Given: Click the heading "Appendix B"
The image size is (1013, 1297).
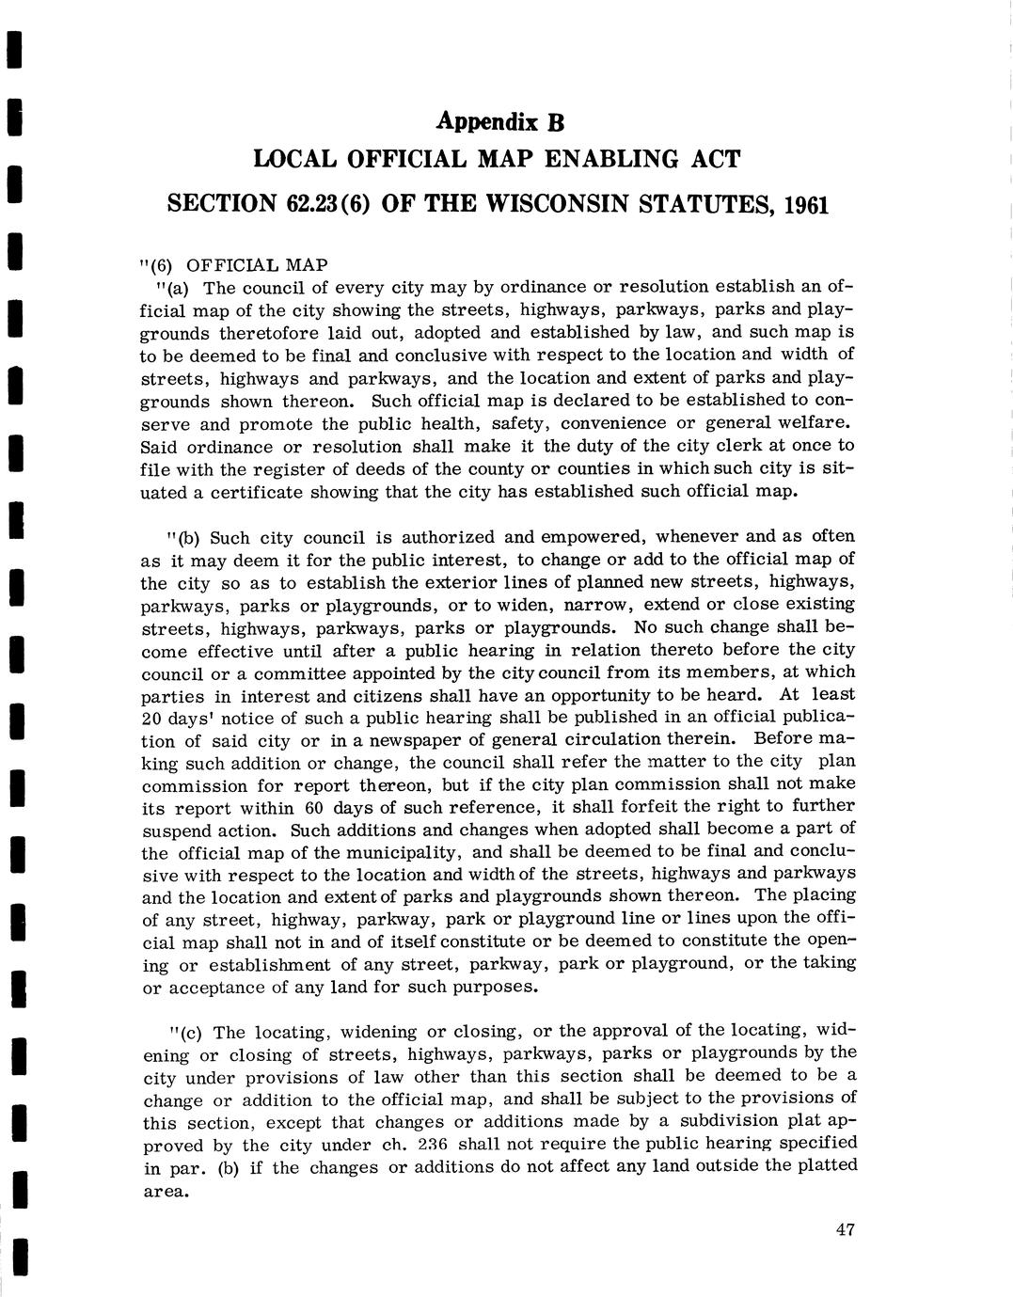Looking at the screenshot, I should click(x=499, y=121).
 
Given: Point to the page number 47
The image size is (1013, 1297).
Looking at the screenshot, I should click(x=844, y=1229).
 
